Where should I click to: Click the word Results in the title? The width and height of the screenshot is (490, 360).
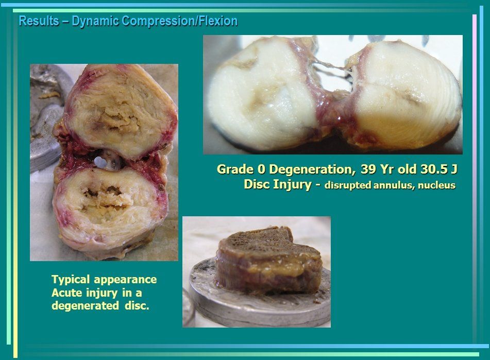point(39,21)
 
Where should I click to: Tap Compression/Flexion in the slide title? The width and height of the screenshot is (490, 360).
point(180,22)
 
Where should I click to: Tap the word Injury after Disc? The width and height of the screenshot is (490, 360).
point(292,184)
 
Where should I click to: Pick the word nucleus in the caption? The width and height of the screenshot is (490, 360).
point(436,185)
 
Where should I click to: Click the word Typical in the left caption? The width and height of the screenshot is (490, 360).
point(71,280)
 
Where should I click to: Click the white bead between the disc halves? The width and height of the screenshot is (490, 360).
point(100,162)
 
